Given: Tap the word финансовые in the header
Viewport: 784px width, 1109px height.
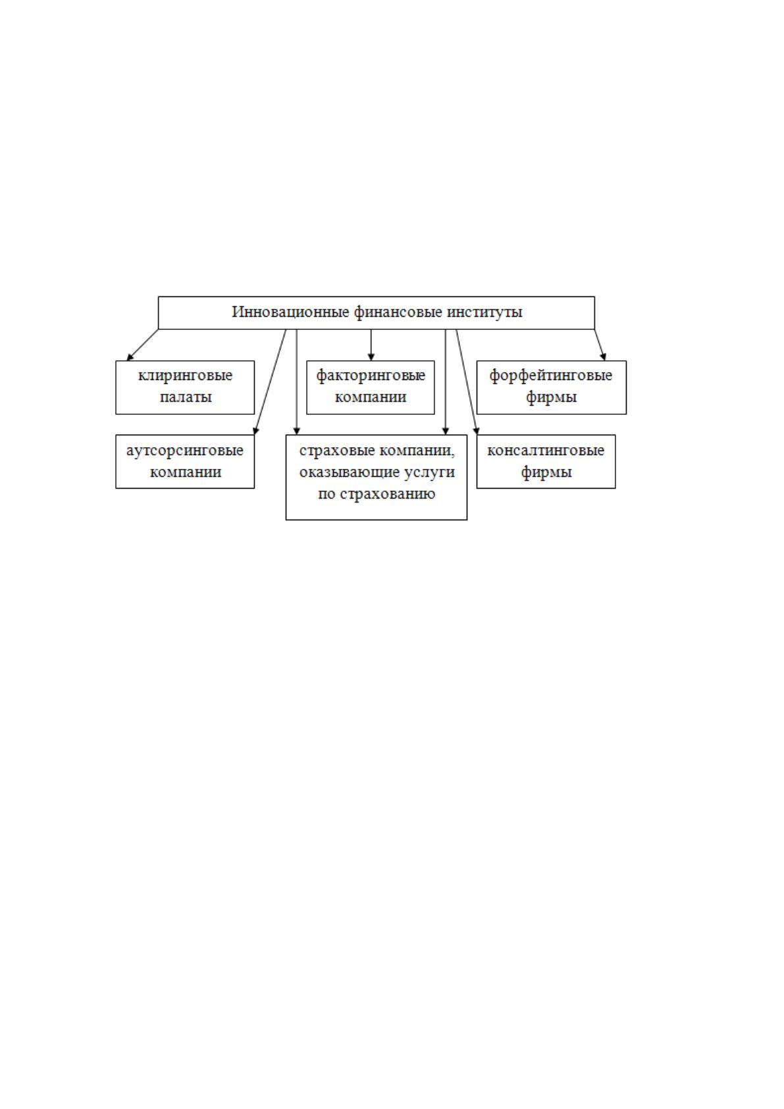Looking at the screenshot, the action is coord(398,313).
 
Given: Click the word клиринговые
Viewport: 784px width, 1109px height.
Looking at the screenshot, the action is coord(185,375).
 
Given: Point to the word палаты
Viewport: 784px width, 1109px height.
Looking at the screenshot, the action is coord(186,397).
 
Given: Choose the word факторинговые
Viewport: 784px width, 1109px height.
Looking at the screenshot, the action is coord(371,376).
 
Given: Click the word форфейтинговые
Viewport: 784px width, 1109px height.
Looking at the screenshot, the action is coord(551,376).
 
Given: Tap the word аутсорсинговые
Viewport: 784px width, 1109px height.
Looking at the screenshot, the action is coord(184,451).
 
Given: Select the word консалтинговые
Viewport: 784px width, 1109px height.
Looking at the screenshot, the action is coord(546,450).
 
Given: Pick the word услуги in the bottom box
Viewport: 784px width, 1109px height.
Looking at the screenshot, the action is coord(429,473).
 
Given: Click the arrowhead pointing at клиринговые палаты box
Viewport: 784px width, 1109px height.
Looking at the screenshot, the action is coord(130,357).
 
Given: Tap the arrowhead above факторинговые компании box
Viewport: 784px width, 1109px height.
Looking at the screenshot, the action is coord(371,356).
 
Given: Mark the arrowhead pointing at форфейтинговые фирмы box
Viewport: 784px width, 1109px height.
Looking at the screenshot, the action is coord(604,356).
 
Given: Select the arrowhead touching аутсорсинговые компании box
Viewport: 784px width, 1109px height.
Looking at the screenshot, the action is coord(255,431).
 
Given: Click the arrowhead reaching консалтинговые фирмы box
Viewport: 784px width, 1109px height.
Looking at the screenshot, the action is coord(476,431).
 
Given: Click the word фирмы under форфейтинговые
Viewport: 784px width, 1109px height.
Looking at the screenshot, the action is coord(552,398).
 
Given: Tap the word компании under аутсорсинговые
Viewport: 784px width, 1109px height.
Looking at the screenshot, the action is coord(186,472).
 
